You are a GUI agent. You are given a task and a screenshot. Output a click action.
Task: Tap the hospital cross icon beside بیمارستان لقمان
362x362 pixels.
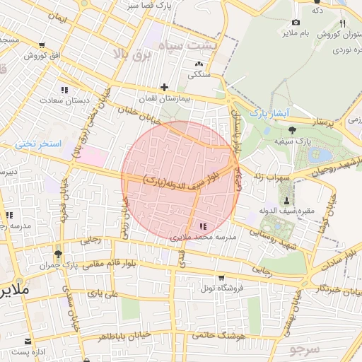pyautogui.click(x=164, y=88)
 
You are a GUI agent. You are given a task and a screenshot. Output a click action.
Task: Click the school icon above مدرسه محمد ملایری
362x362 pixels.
pyautogui.click(x=204, y=226)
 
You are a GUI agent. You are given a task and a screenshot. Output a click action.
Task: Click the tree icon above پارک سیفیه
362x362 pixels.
pyautogui.click(x=293, y=129)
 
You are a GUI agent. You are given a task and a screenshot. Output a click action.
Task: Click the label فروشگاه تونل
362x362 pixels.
pyautogui.click(x=221, y=288)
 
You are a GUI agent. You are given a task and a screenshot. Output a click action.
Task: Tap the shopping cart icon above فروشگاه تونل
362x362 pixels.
pyautogui.click(x=221, y=277)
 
